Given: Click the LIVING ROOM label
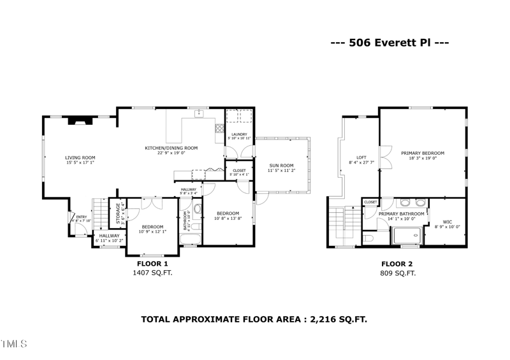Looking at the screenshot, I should pos(80,157).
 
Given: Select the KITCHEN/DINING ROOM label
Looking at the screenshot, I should pos(171,148).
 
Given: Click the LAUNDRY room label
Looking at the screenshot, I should pos(239,134).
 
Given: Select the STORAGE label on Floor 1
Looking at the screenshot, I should pos(118,213).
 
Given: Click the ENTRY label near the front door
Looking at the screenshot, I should pos(82,217).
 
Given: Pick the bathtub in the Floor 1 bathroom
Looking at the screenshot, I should pos(189,240).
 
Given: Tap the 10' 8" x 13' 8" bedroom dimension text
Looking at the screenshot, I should pos(228,219).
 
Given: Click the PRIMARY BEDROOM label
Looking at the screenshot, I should pos(423,153).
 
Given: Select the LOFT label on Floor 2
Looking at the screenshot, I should pos(361,157).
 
